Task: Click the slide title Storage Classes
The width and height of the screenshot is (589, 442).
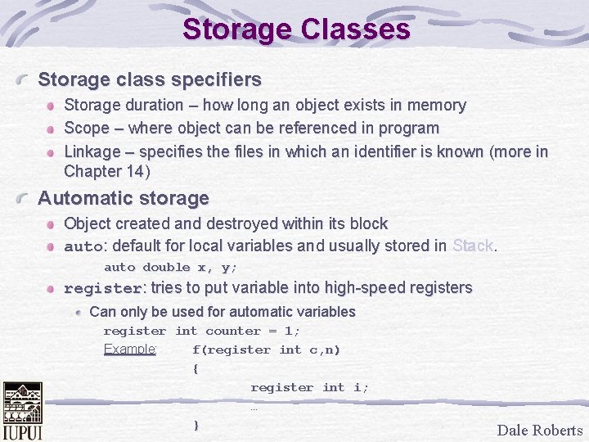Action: (296, 29)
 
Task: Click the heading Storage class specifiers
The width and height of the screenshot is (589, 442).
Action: (150, 79)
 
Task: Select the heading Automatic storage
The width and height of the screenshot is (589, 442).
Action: (124, 198)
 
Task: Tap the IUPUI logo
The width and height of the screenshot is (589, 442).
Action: (23, 411)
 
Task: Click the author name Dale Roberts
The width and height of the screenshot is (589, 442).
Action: (540, 431)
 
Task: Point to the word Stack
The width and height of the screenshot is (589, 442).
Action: (474, 246)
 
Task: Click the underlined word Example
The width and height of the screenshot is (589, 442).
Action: (130, 350)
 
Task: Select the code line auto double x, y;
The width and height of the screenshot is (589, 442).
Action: (170, 267)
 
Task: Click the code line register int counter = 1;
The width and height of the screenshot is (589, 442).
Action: (202, 331)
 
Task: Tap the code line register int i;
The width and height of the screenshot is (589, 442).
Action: (309, 387)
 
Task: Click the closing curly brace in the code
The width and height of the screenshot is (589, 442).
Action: (196, 425)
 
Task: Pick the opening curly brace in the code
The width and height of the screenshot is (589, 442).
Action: (196, 368)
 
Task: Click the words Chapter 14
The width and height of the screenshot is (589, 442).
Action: (104, 172)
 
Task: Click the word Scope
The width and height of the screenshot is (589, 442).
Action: (86, 129)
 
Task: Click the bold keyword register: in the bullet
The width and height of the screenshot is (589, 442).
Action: (103, 288)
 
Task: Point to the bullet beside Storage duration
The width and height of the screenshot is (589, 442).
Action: (52, 106)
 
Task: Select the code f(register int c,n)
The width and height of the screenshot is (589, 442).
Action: (266, 350)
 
